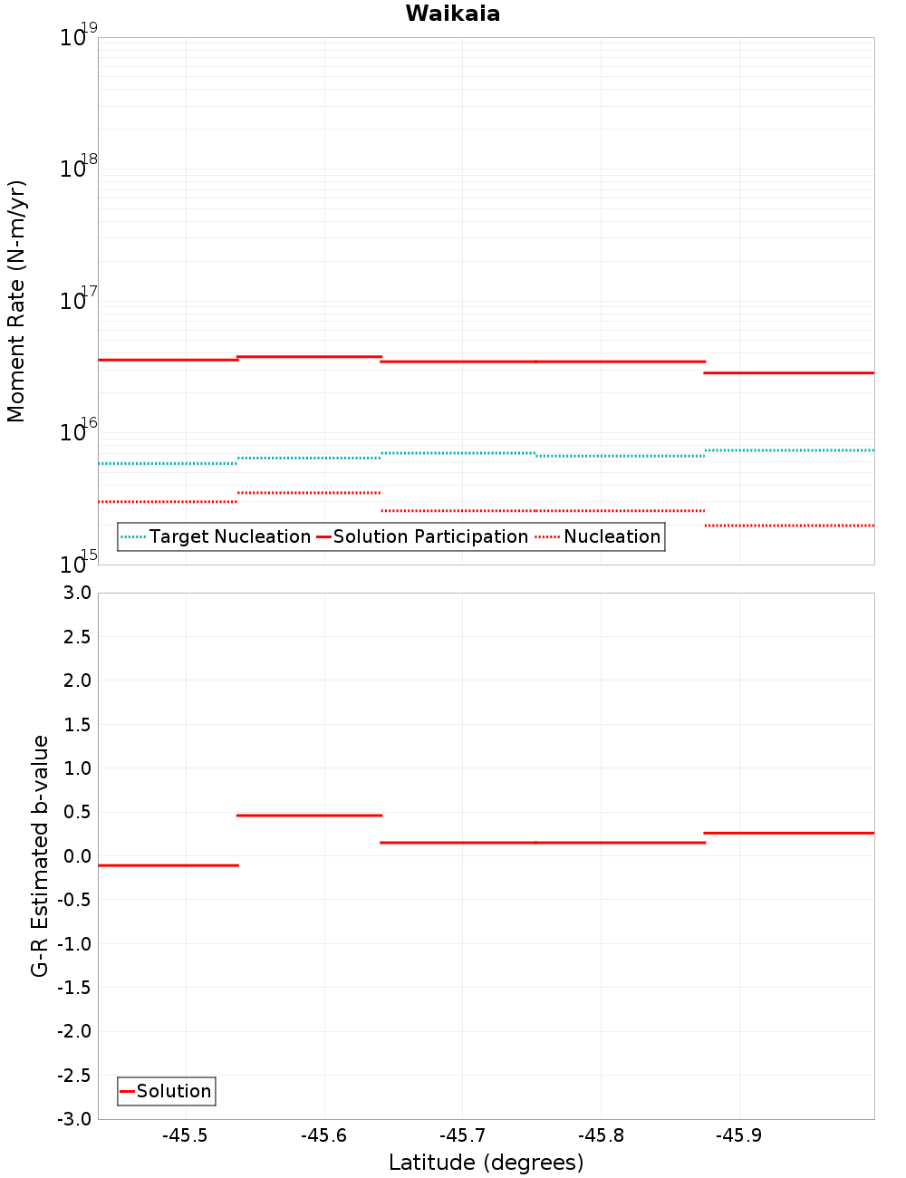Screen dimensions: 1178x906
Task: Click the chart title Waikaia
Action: [452, 14]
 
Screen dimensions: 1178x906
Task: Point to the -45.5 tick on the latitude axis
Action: [185, 1135]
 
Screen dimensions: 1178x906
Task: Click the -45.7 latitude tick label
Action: [462, 1135]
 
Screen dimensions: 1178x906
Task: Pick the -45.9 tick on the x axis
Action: [739, 1135]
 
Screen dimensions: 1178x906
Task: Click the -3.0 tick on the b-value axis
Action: [73, 1119]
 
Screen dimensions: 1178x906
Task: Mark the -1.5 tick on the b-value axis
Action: [73, 988]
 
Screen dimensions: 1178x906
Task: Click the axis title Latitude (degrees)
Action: [486, 1163]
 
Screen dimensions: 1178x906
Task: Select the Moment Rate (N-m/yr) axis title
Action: [16, 301]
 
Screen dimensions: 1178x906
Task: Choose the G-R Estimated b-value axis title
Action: [40, 855]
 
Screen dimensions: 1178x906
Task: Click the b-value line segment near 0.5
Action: [308, 816]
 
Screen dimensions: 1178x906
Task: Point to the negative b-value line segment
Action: [168, 865]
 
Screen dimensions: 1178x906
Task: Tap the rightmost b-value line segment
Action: [788, 833]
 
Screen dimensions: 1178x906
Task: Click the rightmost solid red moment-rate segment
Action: [788, 372]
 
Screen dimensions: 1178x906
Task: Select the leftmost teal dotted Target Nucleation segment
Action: [168, 463]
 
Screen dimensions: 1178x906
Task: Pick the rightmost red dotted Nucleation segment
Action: [788, 525]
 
